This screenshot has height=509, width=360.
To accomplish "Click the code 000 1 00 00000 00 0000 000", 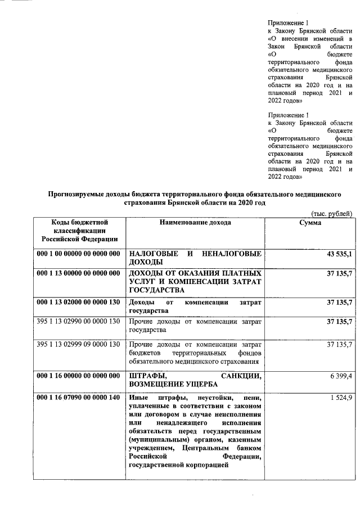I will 79,254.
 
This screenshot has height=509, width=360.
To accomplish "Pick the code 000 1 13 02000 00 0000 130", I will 79,303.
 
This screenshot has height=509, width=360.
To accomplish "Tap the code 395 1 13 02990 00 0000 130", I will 79,322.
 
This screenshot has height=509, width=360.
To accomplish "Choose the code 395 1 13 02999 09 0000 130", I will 79,344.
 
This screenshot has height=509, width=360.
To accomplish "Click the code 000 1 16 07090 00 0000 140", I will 79,398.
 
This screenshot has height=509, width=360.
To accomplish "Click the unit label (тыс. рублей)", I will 331,213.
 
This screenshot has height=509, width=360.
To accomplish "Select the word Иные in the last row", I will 138,398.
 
